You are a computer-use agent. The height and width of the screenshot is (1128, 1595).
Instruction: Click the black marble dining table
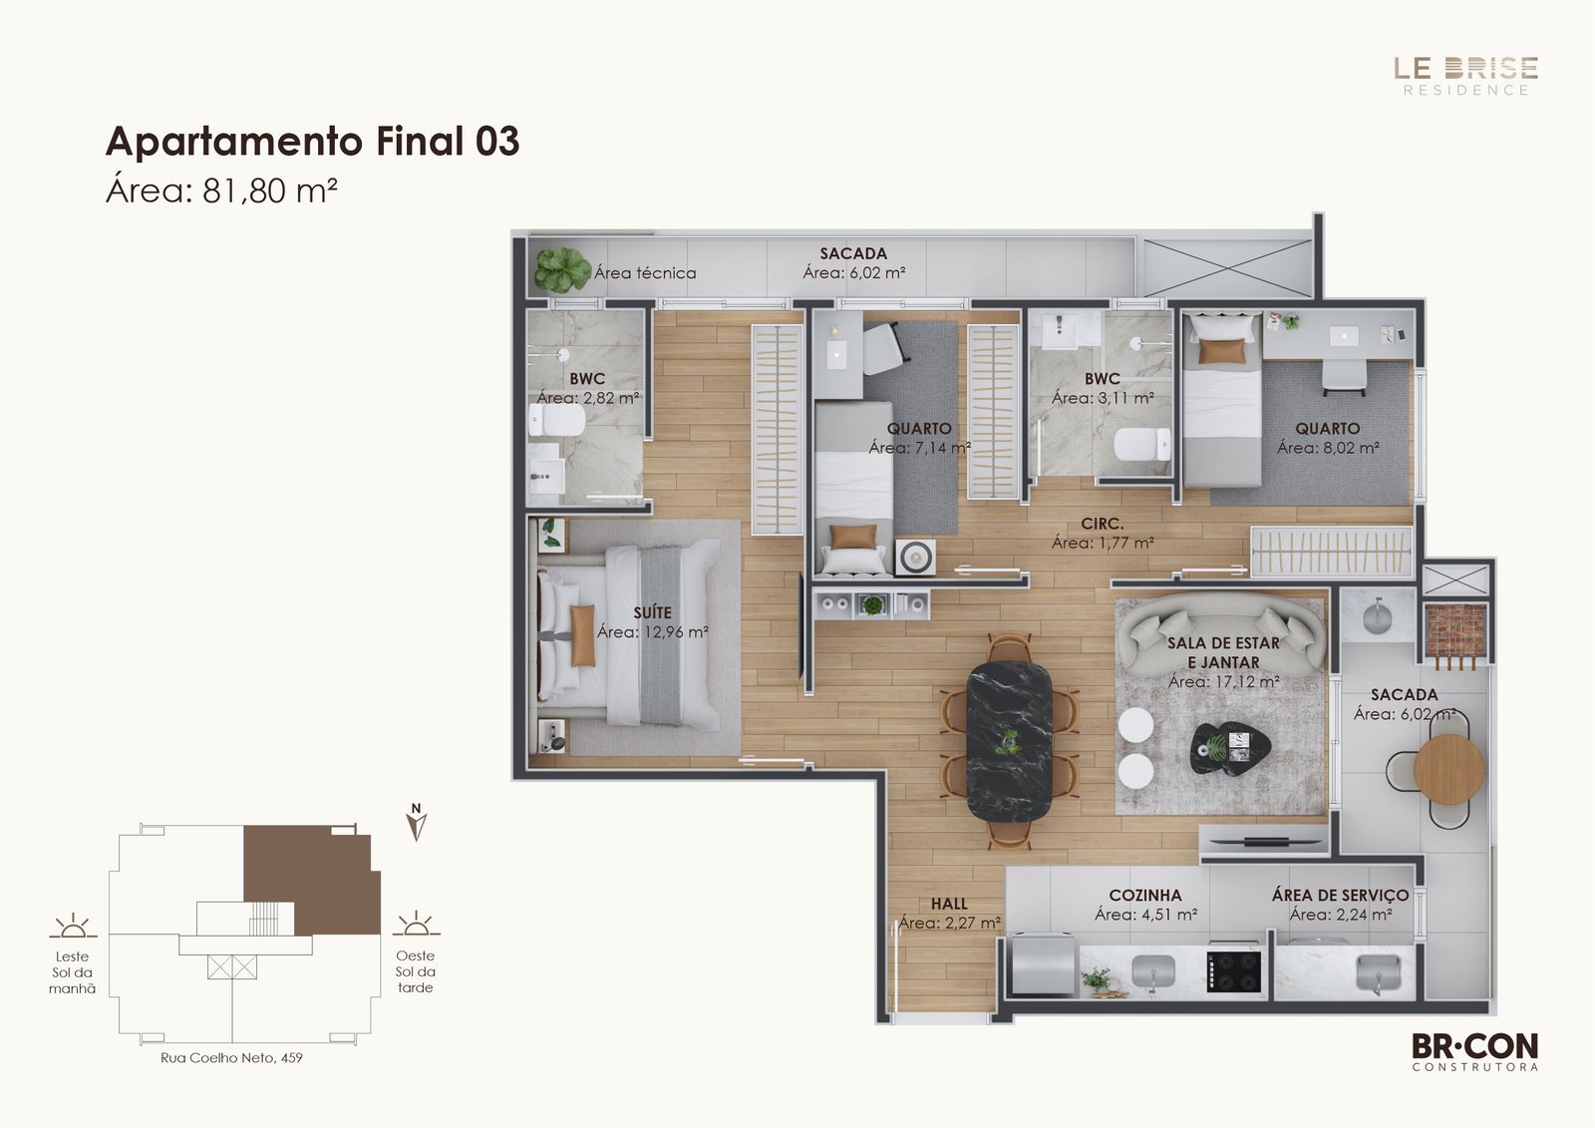point(1009,741)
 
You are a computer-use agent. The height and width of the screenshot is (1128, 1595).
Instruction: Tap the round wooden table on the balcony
point(1449,770)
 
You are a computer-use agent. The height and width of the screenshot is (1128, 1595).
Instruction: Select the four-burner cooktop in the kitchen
point(1234,970)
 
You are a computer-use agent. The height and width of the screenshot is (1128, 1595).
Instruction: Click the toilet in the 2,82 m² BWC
point(557,421)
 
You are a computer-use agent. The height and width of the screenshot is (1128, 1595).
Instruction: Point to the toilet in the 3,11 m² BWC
point(1142,445)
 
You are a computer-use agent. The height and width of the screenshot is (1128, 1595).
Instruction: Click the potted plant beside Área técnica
point(563,269)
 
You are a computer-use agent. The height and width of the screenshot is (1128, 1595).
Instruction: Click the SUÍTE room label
point(652,612)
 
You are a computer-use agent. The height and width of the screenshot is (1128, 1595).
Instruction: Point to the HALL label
point(949,904)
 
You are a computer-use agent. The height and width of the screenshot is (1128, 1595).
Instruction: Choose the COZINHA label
point(1145,895)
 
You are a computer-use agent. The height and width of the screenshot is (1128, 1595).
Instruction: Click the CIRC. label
point(1103,524)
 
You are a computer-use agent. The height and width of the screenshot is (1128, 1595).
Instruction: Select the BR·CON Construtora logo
point(1474,1052)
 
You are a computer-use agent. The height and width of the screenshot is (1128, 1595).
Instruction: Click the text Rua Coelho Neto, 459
point(231,1058)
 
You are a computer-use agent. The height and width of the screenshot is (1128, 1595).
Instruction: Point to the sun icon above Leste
point(73,925)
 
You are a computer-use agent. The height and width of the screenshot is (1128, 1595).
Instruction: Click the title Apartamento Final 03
point(313,141)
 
